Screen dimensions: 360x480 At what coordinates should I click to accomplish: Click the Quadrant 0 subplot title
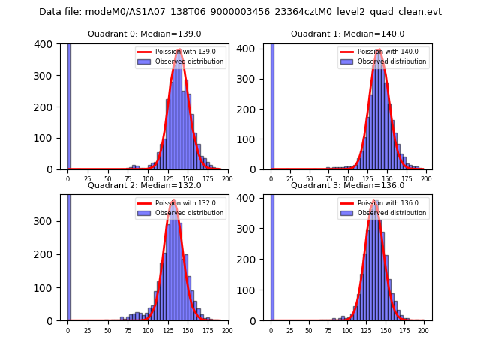click(x=144, y=34)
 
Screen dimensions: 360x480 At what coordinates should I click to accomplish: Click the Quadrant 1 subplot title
click(x=347, y=34)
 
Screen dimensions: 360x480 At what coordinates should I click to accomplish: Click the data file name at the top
click(x=240, y=12)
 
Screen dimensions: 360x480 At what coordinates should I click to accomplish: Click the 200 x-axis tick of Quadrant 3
click(x=424, y=329)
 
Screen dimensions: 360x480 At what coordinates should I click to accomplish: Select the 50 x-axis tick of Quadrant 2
click(x=107, y=329)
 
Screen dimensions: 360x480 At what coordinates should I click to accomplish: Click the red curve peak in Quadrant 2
click(x=173, y=201)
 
